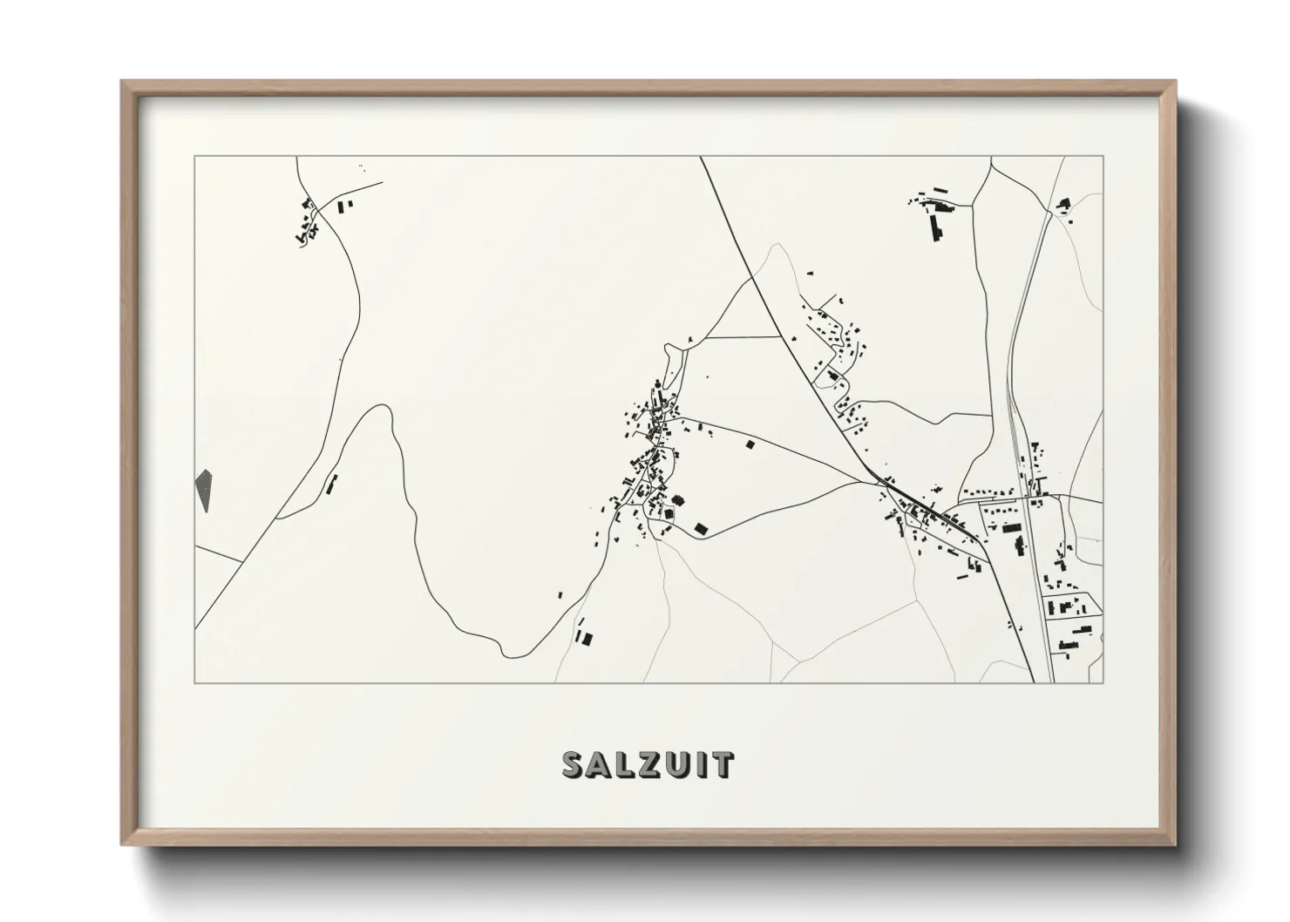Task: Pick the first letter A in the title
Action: (600, 764)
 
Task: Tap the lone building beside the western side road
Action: (330, 484)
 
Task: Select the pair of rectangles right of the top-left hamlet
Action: (345, 206)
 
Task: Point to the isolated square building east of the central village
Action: (749, 444)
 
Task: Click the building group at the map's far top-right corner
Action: (1063, 206)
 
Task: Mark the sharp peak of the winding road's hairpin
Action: (380, 406)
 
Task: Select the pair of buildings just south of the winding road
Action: (583, 636)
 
